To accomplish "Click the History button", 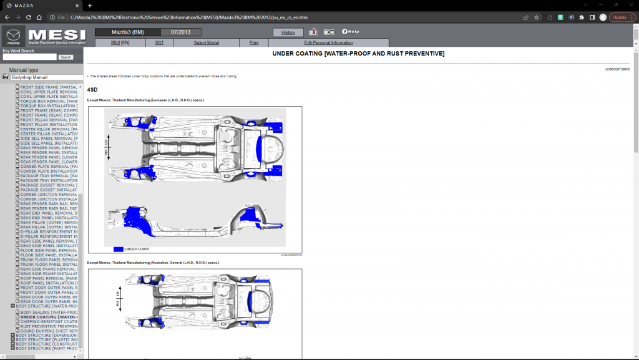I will (288, 32).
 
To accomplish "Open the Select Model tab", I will (206, 43).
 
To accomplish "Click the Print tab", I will (254, 43).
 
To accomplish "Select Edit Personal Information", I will (328, 43).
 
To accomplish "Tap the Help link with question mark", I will (350, 32).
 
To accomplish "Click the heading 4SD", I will (92, 90).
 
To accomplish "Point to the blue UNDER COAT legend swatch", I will (118, 249).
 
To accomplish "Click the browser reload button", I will (39, 17).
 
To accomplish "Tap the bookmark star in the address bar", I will (537, 17).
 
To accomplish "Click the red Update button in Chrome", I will (622, 17).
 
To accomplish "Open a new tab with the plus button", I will (90, 6).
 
